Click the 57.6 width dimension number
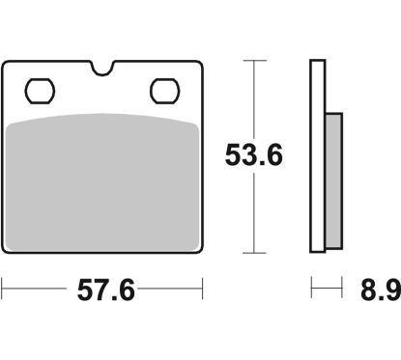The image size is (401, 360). click(x=105, y=290)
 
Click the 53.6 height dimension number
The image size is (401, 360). click(x=254, y=155)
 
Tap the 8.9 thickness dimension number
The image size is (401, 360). click(x=381, y=290)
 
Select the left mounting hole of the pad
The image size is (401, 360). click(x=40, y=91)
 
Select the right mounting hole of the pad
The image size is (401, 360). click(x=164, y=91)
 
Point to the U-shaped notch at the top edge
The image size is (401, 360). click(x=102, y=69)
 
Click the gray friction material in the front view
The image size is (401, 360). click(x=102, y=182)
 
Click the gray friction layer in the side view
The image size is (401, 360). click(x=333, y=181)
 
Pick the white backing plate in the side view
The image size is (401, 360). click(x=318, y=155)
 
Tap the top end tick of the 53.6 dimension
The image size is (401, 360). click(x=254, y=61)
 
